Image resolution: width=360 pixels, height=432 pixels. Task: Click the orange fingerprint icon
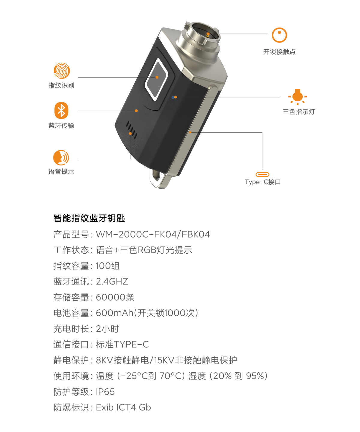coord(62,70)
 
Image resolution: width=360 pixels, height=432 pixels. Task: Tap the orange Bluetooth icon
coord(61,110)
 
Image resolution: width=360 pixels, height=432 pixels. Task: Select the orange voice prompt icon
coord(61,158)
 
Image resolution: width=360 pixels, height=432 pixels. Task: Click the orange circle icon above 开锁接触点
coord(279,35)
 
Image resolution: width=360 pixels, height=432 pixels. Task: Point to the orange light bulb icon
coord(298,97)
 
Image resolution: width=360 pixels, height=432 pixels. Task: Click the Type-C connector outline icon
coord(262,174)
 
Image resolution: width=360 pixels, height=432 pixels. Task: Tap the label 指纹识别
coord(61,85)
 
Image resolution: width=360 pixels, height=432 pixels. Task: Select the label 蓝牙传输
coord(61,125)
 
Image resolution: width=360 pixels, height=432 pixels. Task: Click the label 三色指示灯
coord(299,112)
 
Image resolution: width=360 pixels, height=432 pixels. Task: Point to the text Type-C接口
coord(263,182)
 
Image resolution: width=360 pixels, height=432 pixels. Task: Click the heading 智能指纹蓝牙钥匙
coord(89,218)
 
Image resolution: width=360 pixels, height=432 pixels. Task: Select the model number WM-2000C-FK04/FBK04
coord(153,234)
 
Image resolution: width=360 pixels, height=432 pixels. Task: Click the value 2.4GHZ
coord(112,282)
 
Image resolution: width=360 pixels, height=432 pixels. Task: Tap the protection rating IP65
coord(105,392)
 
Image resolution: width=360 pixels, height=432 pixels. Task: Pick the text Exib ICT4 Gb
coord(123,407)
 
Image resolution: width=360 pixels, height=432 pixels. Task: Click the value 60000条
coord(115,297)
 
